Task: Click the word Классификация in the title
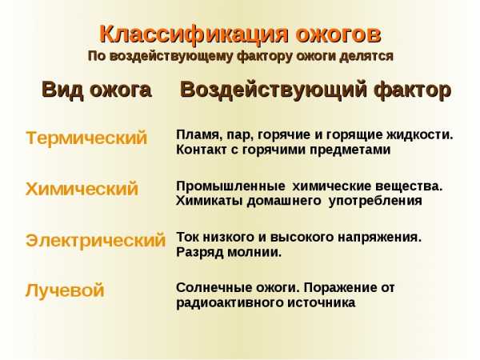pos(194,34)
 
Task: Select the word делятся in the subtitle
pos(366,57)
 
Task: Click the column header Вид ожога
pos(97,90)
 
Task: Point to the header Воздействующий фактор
pos(316,90)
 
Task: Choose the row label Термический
pos(86,138)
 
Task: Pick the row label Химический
pos(82,189)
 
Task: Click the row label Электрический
pos(95,240)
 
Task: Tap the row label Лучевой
pos(65,290)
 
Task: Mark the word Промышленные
pos(231,186)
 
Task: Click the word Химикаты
pos(210,201)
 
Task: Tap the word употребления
pos(375,202)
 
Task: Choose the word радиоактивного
pos(230,303)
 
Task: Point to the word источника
pos(322,303)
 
